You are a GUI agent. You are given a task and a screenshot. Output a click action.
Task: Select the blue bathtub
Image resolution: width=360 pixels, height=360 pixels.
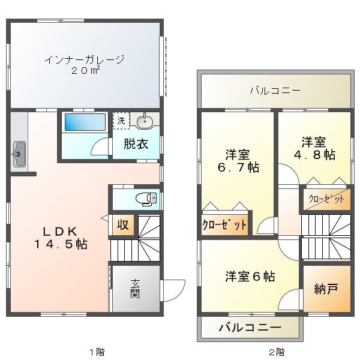coord(84,122)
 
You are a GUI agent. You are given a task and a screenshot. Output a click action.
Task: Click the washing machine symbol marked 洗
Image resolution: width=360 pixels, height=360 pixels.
coord(121,120)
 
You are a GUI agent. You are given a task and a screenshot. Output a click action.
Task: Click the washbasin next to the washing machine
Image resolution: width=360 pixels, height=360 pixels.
coord(145,122)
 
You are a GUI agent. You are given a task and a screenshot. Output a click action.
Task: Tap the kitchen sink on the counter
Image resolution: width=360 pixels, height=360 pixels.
coord(19,155)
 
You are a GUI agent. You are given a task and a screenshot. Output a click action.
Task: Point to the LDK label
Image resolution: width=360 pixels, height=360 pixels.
coord(56,232)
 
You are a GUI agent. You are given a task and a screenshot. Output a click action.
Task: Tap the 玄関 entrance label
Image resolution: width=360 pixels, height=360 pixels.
coord(135,288)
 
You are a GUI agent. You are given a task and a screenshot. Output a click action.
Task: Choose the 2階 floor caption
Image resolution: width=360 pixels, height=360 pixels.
coord(276,351)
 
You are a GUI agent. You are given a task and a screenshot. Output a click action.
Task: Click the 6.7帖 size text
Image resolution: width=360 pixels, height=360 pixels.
coord(238,167)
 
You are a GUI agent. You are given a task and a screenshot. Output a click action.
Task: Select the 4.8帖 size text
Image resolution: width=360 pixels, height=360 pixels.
coord(314,155)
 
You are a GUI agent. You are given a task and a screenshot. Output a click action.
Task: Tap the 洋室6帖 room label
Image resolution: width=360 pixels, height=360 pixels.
coord(250,277)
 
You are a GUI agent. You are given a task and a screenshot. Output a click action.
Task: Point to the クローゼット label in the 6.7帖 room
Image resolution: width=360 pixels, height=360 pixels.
coord(224,226)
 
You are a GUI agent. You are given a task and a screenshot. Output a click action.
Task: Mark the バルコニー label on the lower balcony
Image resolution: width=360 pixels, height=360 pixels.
coord(249,328)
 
